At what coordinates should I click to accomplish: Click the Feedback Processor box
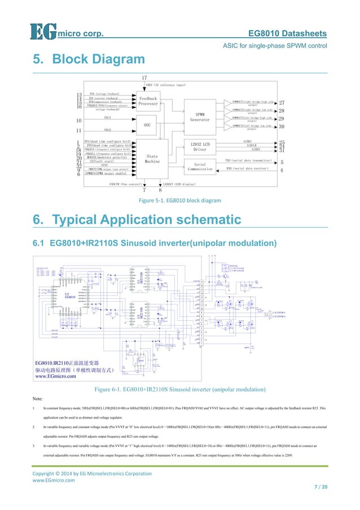pos(148,101)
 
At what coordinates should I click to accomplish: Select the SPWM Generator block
pos(201,116)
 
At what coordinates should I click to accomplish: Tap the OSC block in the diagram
pos(148,124)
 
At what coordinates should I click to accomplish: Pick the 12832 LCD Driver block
pos(200,146)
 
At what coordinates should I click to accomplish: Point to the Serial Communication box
pos(200,165)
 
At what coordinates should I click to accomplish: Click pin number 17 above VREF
pos(144,77)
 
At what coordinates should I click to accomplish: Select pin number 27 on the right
pos(282,103)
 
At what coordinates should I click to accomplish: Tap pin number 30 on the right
pos(282,127)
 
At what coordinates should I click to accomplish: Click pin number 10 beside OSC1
pos(79,120)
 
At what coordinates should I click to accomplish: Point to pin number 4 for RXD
pos(282,170)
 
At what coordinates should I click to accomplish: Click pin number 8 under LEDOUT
pos(160,190)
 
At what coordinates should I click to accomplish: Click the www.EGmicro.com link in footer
pos(53,480)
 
